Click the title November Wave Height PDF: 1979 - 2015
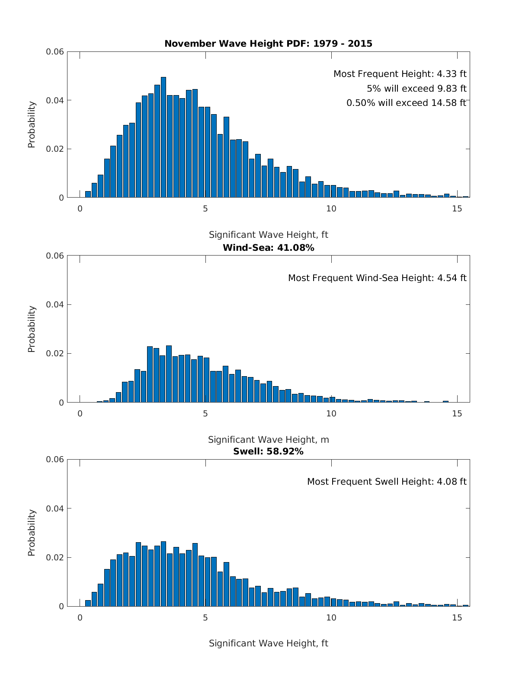click(268, 44)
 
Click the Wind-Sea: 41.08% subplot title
click(268, 248)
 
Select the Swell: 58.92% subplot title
click(268, 452)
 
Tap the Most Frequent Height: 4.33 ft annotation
click(400, 74)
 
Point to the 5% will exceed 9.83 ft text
click(416, 89)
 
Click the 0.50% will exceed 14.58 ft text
click(406, 103)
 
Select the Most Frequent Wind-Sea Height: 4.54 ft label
click(377, 278)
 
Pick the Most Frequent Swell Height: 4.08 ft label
click(387, 482)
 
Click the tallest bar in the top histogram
click(163, 138)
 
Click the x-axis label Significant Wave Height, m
click(268, 440)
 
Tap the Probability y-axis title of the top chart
click(32, 125)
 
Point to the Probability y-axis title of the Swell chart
click(32, 533)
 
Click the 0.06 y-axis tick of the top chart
click(55, 52)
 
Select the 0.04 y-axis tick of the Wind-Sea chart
click(55, 305)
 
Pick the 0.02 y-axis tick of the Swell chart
click(55, 558)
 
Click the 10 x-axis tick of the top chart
click(331, 209)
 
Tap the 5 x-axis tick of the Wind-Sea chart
click(205, 414)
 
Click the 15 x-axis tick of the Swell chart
click(457, 618)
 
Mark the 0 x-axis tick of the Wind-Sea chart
click(80, 414)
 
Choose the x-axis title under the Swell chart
click(268, 643)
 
